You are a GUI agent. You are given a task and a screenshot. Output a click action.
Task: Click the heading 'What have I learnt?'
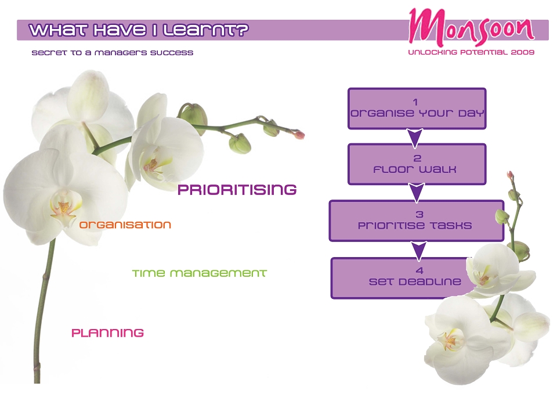tap(139, 30)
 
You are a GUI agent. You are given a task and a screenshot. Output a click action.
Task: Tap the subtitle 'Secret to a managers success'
tap(112, 53)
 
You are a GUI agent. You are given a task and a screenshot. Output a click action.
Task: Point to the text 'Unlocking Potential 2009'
tap(471, 52)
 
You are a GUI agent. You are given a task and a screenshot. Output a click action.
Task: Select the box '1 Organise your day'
tap(417, 109)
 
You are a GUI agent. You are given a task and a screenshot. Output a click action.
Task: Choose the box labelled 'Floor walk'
tap(417, 164)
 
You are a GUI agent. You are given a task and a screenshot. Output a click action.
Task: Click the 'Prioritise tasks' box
tap(417, 221)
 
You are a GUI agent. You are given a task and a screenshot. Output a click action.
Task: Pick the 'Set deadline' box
tap(405, 278)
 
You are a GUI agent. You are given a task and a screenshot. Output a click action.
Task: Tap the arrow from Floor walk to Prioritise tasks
tap(417, 193)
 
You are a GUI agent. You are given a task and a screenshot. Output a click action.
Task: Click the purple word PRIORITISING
tap(237, 190)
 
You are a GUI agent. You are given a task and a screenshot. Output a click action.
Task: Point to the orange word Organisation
tap(125, 225)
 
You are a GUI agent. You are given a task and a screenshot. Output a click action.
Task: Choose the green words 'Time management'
tap(199, 273)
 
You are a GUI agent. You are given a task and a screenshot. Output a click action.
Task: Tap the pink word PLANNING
tap(108, 333)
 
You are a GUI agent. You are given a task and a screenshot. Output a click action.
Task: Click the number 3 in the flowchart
tap(419, 214)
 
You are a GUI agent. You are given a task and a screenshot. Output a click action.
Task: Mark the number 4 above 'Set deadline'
tap(419, 270)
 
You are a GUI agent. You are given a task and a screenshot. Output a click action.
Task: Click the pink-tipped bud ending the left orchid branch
tap(299, 135)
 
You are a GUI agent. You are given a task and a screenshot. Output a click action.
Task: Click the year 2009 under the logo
tap(523, 52)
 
